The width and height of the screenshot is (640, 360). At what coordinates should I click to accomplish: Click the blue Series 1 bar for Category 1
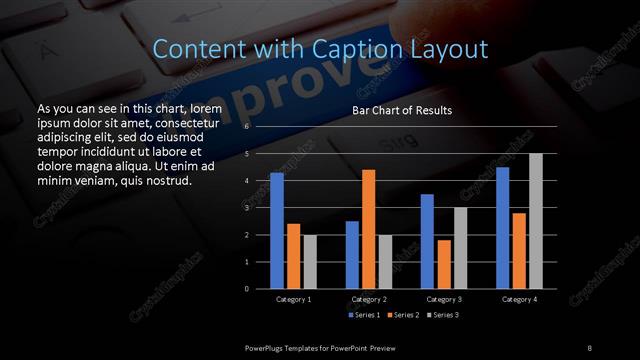tap(277, 231)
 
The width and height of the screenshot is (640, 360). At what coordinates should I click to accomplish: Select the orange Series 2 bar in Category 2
tap(368, 229)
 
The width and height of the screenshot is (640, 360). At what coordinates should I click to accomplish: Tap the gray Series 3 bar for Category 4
tap(536, 221)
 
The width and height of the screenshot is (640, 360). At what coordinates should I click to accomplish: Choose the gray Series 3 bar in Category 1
tap(309, 261)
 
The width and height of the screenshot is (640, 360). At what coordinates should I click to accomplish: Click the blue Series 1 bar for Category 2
tap(352, 255)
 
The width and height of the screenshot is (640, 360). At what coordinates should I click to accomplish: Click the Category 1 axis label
tap(293, 299)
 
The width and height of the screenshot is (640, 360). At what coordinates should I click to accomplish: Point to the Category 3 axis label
tap(444, 299)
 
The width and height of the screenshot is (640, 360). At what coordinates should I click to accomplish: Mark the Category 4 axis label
tap(519, 299)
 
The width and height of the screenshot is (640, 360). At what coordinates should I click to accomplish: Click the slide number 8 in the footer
tap(589, 347)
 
